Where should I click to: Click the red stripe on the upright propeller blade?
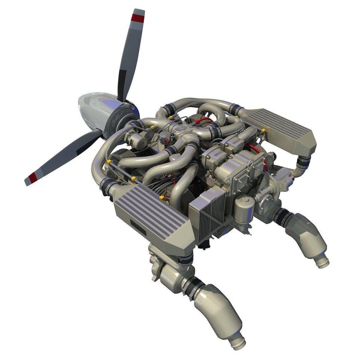coord(138,18)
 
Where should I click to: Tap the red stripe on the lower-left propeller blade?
coord(33,176)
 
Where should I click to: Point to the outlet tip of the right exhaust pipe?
coord(321,259)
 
